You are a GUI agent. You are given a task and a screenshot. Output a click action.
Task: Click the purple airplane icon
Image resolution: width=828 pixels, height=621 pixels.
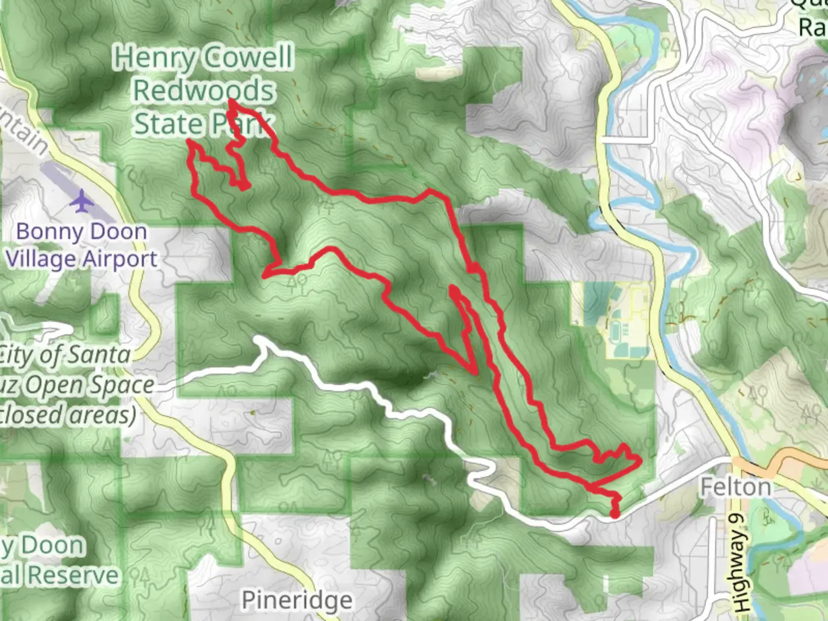click(83, 201)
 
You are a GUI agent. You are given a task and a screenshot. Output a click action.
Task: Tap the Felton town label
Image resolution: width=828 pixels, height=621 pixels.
click(735, 488)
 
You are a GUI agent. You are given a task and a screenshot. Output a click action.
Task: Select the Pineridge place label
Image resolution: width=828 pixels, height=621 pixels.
click(297, 600)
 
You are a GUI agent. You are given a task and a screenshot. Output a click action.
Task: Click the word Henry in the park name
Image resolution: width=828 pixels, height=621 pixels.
click(154, 57)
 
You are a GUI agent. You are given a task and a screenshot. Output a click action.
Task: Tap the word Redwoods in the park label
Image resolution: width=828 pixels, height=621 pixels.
click(204, 91)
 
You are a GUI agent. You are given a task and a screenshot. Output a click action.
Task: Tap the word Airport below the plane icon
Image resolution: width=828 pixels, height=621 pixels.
click(120, 259)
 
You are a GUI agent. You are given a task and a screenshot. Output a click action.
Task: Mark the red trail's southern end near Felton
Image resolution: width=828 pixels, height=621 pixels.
click(615, 515)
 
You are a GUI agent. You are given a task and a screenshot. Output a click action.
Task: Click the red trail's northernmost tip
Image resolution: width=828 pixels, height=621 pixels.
click(231, 102)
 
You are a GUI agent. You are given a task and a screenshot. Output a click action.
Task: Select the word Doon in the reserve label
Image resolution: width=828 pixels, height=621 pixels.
click(52, 545)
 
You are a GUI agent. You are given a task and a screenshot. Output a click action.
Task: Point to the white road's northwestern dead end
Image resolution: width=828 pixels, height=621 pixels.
click(257, 339)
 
